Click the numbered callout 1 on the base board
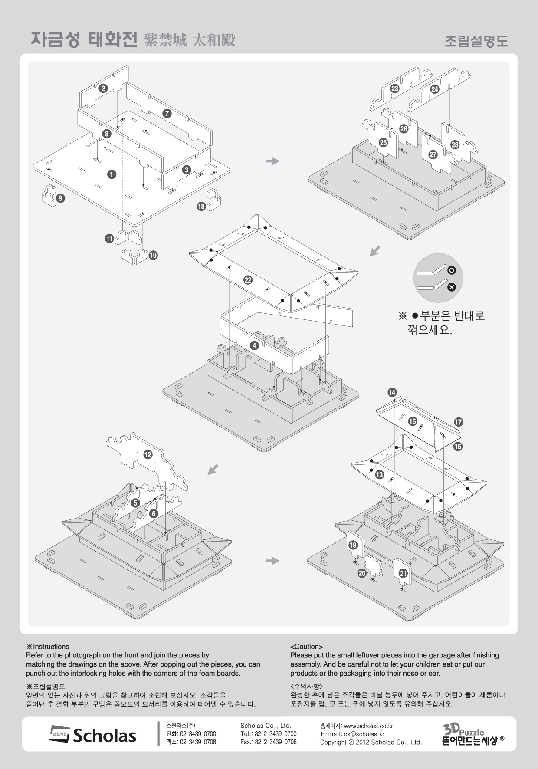click(x=112, y=174)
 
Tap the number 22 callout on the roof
click(x=248, y=280)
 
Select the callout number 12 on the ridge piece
click(x=148, y=454)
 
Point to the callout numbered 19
click(x=353, y=545)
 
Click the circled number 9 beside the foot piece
click(x=61, y=198)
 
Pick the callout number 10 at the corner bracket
click(x=153, y=255)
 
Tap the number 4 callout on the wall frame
click(x=254, y=345)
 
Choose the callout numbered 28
click(x=455, y=145)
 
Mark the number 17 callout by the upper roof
click(x=459, y=422)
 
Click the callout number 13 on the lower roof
click(x=380, y=474)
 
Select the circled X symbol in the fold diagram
click(x=452, y=287)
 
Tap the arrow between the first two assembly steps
click(x=272, y=161)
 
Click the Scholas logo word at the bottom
click(x=104, y=735)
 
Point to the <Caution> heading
click(x=306, y=647)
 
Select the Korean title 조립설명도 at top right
click(x=476, y=42)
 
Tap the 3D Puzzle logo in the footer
click(x=471, y=734)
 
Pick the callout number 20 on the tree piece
click(x=362, y=573)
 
